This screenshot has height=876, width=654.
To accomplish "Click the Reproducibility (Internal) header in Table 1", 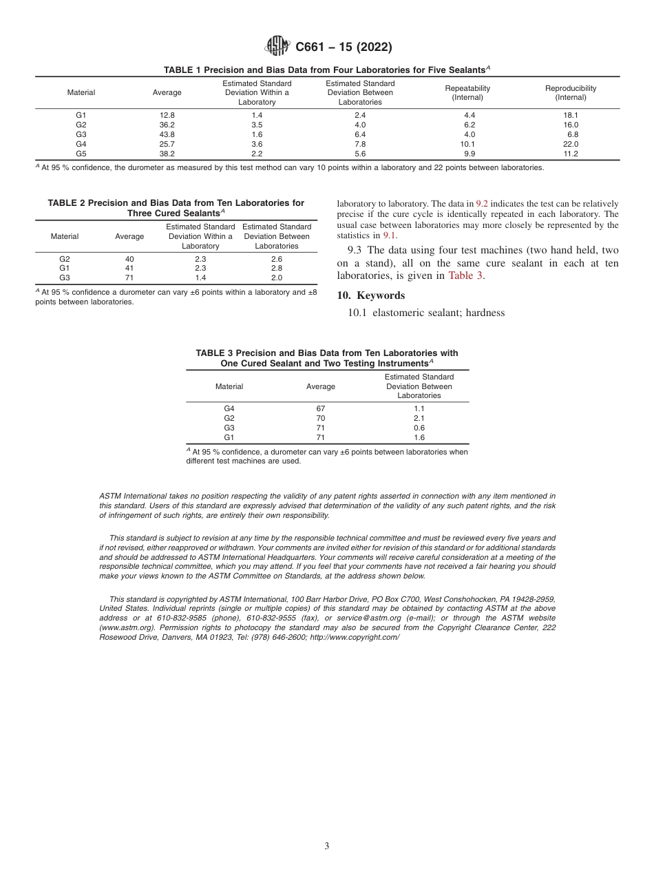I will click(x=570, y=93).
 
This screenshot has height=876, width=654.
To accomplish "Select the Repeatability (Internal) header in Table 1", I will click(x=467, y=93).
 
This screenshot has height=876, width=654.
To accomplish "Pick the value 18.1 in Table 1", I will click(x=571, y=115).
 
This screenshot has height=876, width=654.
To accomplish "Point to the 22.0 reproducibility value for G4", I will click(x=571, y=144).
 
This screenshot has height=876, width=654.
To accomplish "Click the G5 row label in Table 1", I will click(x=81, y=154).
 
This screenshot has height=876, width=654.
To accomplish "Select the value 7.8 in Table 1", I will click(x=360, y=144).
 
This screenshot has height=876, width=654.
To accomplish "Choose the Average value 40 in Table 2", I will click(x=129, y=259).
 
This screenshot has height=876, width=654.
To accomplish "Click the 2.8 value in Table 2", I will click(x=277, y=269).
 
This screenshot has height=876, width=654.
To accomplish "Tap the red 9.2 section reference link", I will click(x=482, y=204).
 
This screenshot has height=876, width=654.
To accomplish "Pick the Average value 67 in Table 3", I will click(x=321, y=408).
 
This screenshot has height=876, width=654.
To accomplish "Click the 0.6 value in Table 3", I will click(x=419, y=428).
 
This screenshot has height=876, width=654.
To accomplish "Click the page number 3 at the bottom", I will click(x=326, y=846).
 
